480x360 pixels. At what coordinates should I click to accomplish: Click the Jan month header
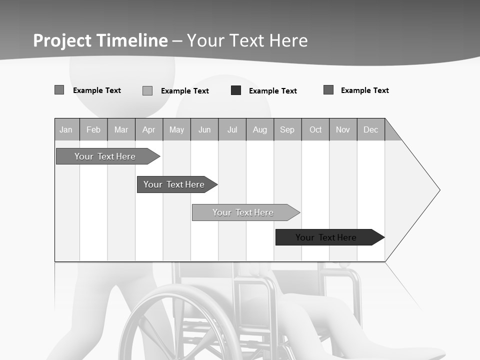click(x=66, y=130)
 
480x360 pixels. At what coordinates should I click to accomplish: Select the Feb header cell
click(x=93, y=130)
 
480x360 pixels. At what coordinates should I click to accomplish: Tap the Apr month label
click(x=149, y=130)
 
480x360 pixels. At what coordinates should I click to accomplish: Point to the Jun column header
click(x=204, y=130)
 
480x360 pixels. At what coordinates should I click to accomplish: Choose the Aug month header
click(x=260, y=130)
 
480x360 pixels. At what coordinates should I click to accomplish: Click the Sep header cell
click(x=287, y=130)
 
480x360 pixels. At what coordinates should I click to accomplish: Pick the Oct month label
click(x=315, y=130)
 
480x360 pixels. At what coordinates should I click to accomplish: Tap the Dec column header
click(x=371, y=130)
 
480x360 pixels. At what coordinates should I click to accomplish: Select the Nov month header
click(x=343, y=130)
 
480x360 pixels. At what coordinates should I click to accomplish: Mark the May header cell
click(x=176, y=130)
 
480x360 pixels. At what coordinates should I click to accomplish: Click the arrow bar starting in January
click(x=105, y=156)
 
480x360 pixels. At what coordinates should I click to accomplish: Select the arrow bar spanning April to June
click(x=174, y=184)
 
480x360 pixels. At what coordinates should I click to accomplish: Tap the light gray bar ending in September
click(x=243, y=212)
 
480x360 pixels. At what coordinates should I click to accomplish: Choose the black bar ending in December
click(x=326, y=237)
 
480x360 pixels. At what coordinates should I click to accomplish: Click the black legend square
click(x=236, y=90)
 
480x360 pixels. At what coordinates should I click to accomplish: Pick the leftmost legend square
click(x=59, y=90)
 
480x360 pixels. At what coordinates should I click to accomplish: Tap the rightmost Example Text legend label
click(x=365, y=90)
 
